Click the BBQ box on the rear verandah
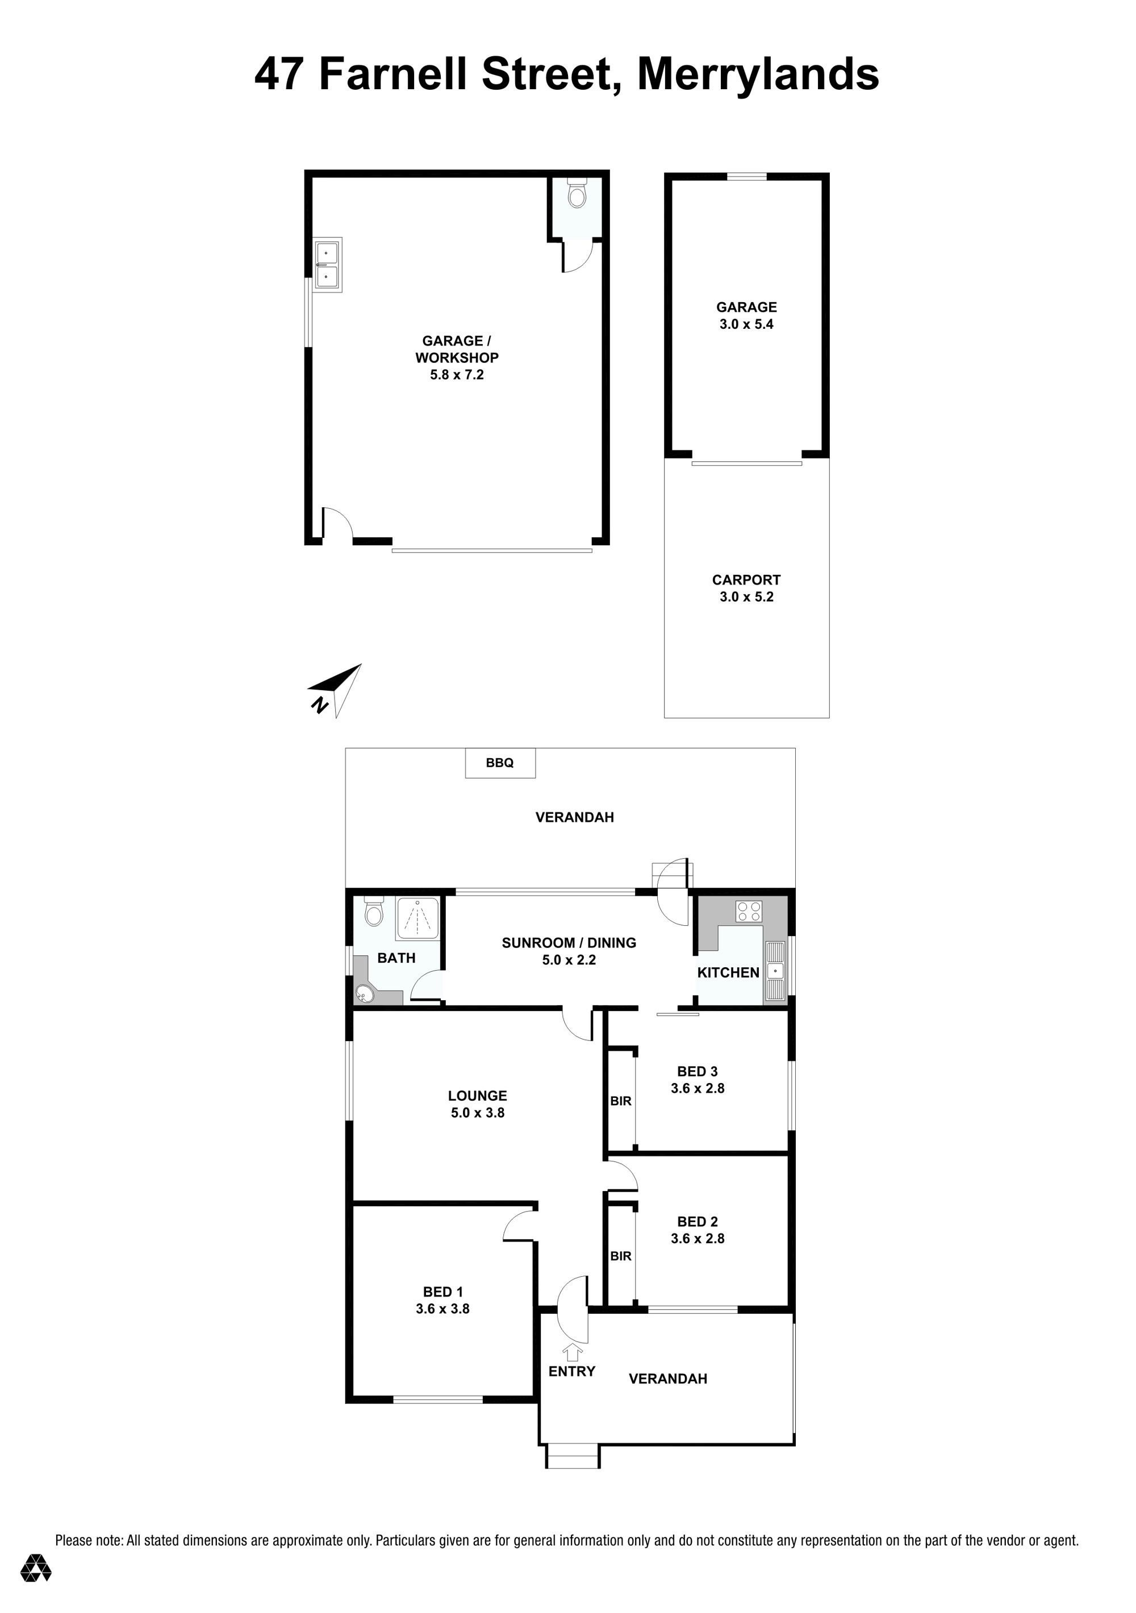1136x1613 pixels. [x=500, y=763]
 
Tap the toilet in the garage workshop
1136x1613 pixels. [x=577, y=193]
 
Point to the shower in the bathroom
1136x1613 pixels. [x=418, y=918]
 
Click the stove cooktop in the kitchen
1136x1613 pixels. [x=749, y=911]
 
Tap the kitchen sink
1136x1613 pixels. [x=775, y=971]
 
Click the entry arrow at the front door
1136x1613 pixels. [x=573, y=1352]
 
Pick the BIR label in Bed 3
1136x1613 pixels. [x=621, y=1101]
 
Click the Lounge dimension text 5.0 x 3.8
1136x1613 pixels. [x=478, y=1112]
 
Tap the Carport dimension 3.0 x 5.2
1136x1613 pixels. [x=746, y=596]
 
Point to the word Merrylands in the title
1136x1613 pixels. [x=758, y=74]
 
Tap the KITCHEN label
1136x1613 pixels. [x=729, y=972]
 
